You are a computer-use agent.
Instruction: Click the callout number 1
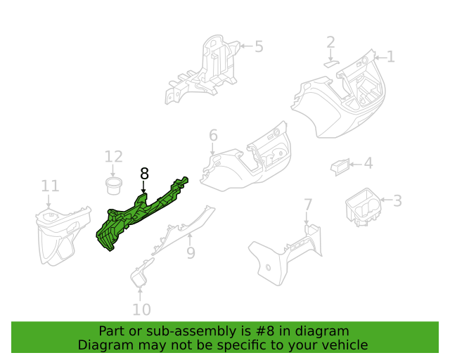[x=391, y=57]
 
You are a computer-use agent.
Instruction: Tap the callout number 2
[x=330, y=44]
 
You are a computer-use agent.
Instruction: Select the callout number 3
[x=397, y=201]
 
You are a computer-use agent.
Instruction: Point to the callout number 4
[x=368, y=164]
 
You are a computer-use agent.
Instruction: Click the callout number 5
[x=259, y=47]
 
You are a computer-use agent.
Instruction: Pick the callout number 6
[x=213, y=135]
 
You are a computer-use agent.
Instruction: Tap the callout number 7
[x=307, y=205]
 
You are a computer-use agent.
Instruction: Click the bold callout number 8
[x=144, y=174]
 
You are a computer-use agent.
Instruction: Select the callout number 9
[x=190, y=252]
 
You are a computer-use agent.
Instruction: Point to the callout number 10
[x=141, y=309]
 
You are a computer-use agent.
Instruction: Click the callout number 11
[x=50, y=186]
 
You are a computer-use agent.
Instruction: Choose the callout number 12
[x=113, y=157]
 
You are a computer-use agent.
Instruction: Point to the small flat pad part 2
[x=330, y=62]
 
